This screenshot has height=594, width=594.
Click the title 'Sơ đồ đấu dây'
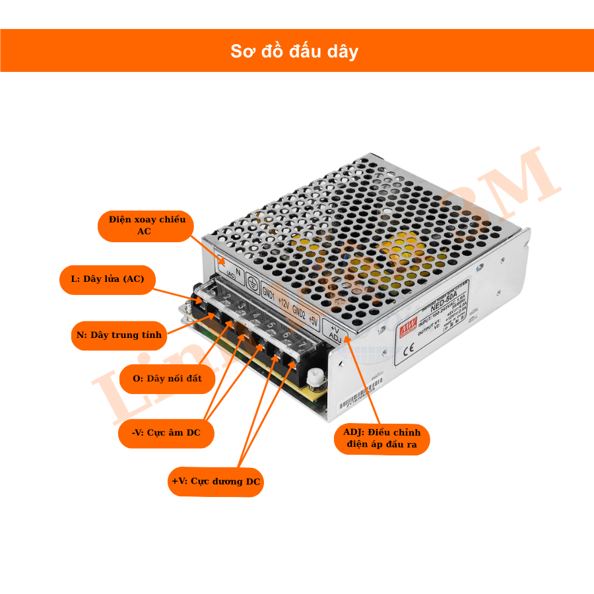click(x=294, y=51)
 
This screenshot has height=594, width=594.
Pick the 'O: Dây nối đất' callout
click(x=167, y=379)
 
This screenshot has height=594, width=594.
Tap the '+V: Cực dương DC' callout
click(x=216, y=482)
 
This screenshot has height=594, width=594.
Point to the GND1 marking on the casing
click(x=269, y=292)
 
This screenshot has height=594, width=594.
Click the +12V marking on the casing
click(x=283, y=303)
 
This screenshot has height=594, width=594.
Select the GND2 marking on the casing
click(x=298, y=313)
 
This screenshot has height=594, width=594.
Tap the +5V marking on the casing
click(x=313, y=323)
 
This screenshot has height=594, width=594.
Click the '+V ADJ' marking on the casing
click(x=334, y=335)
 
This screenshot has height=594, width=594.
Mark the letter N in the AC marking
click(x=238, y=271)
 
